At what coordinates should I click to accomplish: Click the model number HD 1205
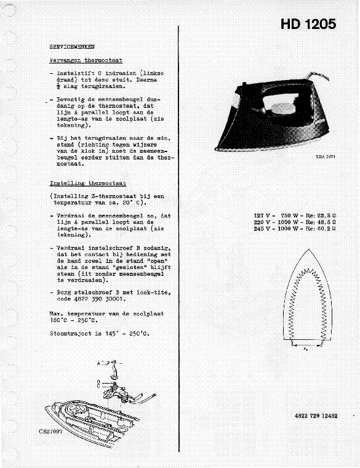(308, 25)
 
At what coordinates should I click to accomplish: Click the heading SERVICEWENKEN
(72, 47)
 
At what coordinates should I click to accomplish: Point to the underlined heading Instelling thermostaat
(87, 184)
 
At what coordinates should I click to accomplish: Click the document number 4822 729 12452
(316, 416)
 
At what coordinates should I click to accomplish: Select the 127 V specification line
(297, 216)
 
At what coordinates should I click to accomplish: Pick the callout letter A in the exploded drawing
(99, 364)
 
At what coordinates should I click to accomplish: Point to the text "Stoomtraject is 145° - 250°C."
(99, 333)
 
